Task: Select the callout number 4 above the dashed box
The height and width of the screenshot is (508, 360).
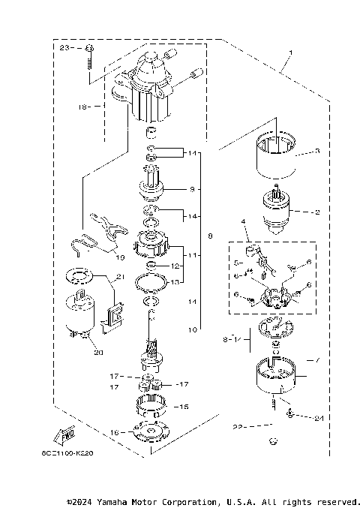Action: pos(243,222)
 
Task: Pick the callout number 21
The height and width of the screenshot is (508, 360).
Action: pos(119,278)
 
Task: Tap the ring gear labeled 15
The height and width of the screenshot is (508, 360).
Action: pos(153,407)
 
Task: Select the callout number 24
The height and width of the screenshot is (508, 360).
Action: pos(319,417)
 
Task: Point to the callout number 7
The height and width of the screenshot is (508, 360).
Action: pos(317,361)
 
